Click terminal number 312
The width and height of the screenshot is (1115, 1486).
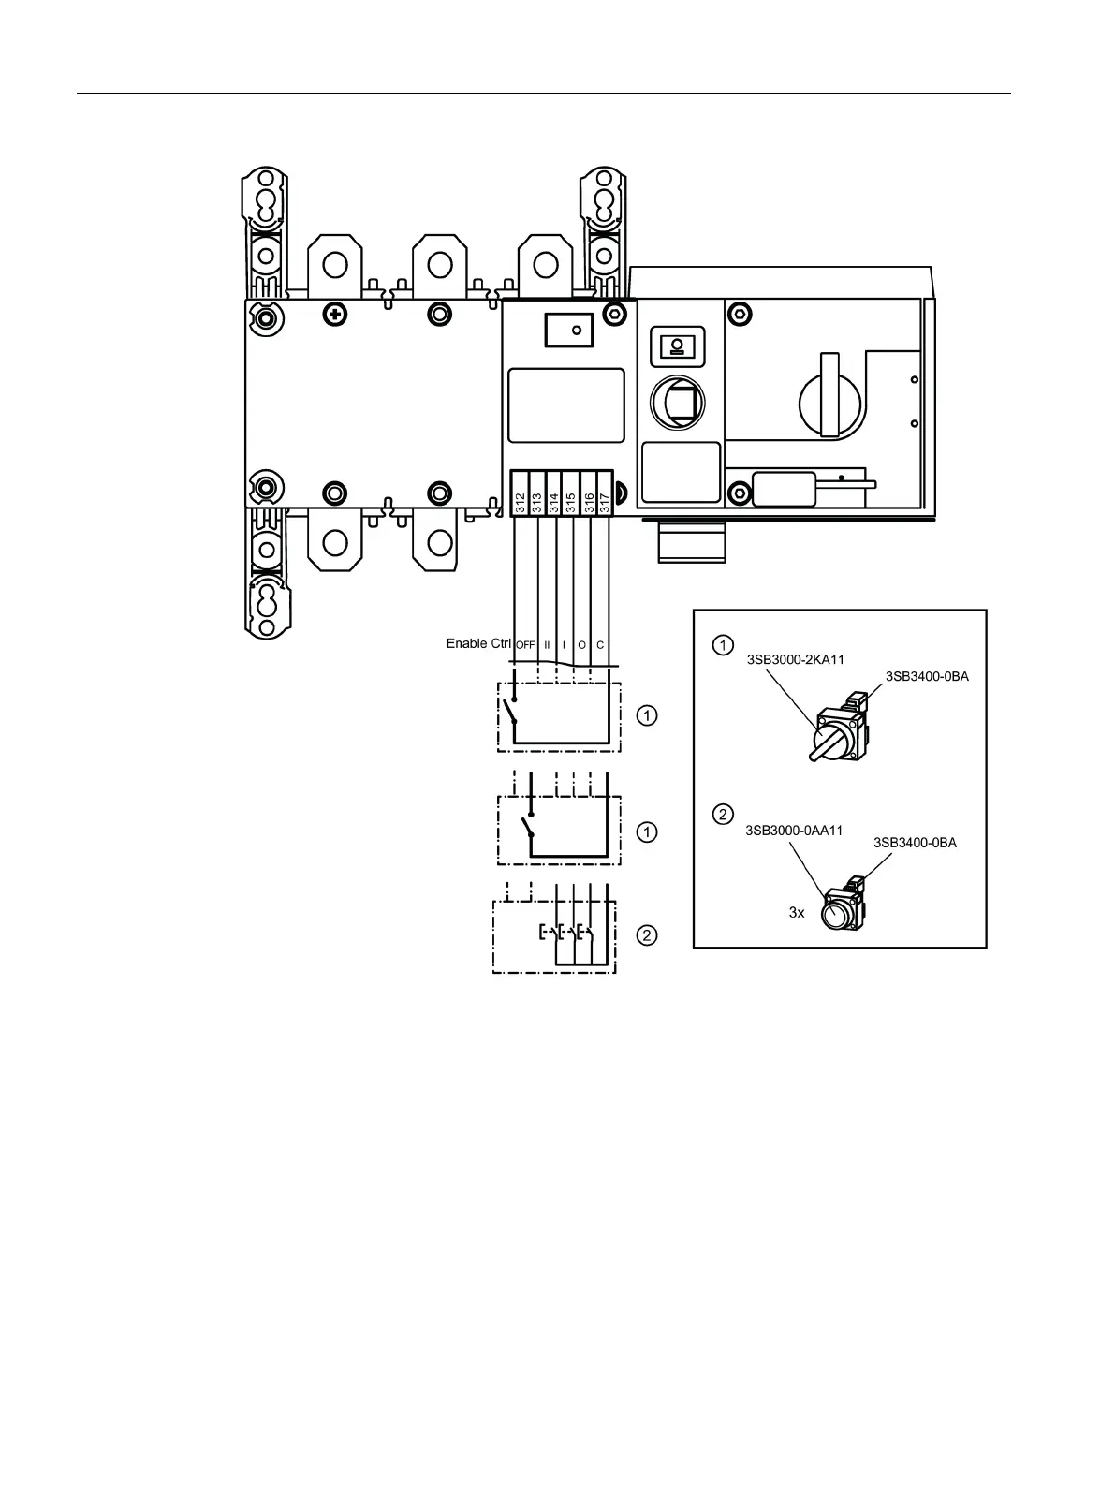521,502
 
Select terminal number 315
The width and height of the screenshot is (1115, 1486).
571,502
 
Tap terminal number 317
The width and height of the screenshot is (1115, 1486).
605,502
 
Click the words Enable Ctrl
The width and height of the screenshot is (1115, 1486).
478,643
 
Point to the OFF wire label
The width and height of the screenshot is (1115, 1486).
525,645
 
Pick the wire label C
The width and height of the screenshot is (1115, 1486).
600,645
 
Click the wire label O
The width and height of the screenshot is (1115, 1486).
581,645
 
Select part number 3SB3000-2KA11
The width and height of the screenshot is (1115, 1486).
795,659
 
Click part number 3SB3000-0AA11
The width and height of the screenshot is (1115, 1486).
794,830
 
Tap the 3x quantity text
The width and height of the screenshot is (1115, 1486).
797,912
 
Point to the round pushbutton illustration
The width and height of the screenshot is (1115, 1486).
837,912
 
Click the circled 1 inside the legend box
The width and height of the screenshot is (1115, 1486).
723,644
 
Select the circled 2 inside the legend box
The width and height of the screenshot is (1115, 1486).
723,814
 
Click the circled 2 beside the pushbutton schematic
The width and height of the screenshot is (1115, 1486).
647,934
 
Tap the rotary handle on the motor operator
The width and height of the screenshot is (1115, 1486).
830,397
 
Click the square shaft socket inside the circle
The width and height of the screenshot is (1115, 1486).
682,404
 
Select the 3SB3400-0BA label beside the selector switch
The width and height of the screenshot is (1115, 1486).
927,676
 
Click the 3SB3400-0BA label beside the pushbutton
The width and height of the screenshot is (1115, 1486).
915,843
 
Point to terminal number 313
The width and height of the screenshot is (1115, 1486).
537,502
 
